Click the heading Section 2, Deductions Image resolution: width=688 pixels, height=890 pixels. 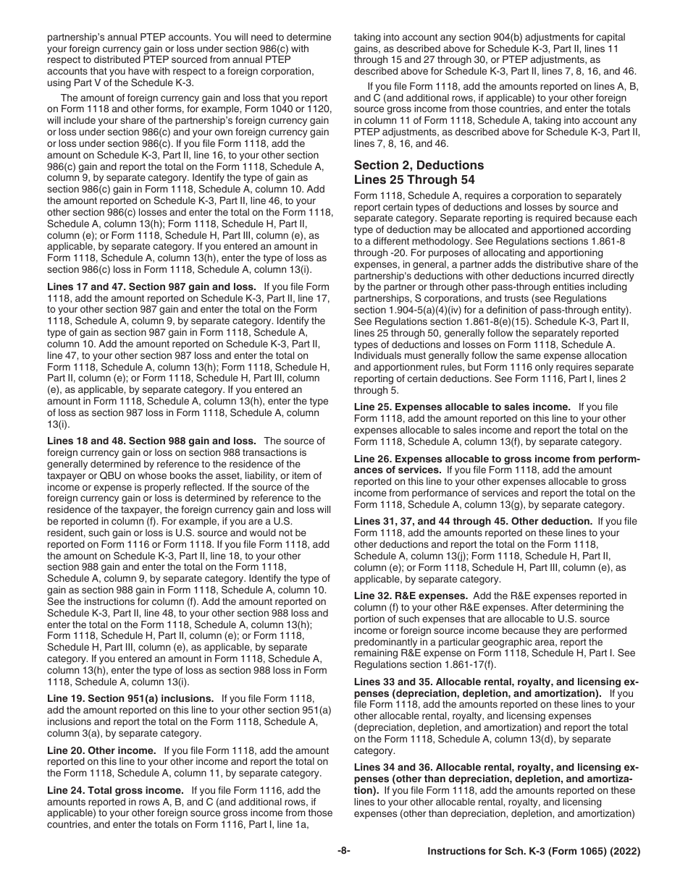click(419, 165)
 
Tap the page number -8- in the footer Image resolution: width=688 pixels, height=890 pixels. click(344, 871)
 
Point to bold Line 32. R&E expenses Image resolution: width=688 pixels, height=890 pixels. click(408, 596)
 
